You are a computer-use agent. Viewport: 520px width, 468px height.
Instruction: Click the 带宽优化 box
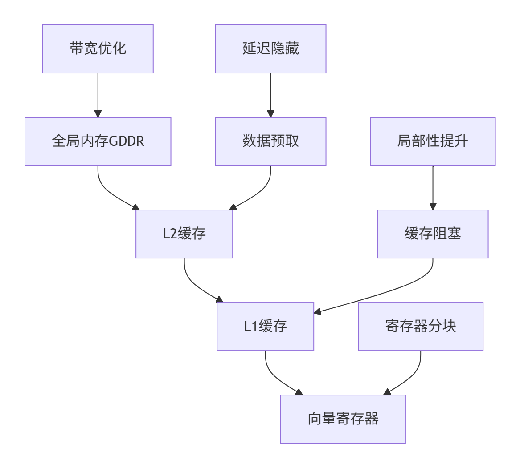click(98, 48)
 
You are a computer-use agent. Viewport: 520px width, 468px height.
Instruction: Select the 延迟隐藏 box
click(270, 48)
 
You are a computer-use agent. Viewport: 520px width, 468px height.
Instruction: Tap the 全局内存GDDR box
click(98, 141)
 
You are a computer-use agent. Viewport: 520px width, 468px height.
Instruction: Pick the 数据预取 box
click(270, 141)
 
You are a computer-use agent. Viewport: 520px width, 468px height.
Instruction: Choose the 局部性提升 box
click(433, 141)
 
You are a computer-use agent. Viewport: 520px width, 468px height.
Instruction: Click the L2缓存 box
click(184, 234)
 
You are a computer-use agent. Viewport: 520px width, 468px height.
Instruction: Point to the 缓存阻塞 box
click(433, 234)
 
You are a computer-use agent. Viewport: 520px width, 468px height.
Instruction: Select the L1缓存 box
click(265, 327)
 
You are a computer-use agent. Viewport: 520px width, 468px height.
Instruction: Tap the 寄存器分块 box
click(420, 327)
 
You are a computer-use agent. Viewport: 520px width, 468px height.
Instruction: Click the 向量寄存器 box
click(343, 419)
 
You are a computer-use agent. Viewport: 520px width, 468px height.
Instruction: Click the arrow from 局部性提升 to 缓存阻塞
click(433, 187)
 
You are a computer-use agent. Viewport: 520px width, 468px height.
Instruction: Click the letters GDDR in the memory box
click(127, 141)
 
